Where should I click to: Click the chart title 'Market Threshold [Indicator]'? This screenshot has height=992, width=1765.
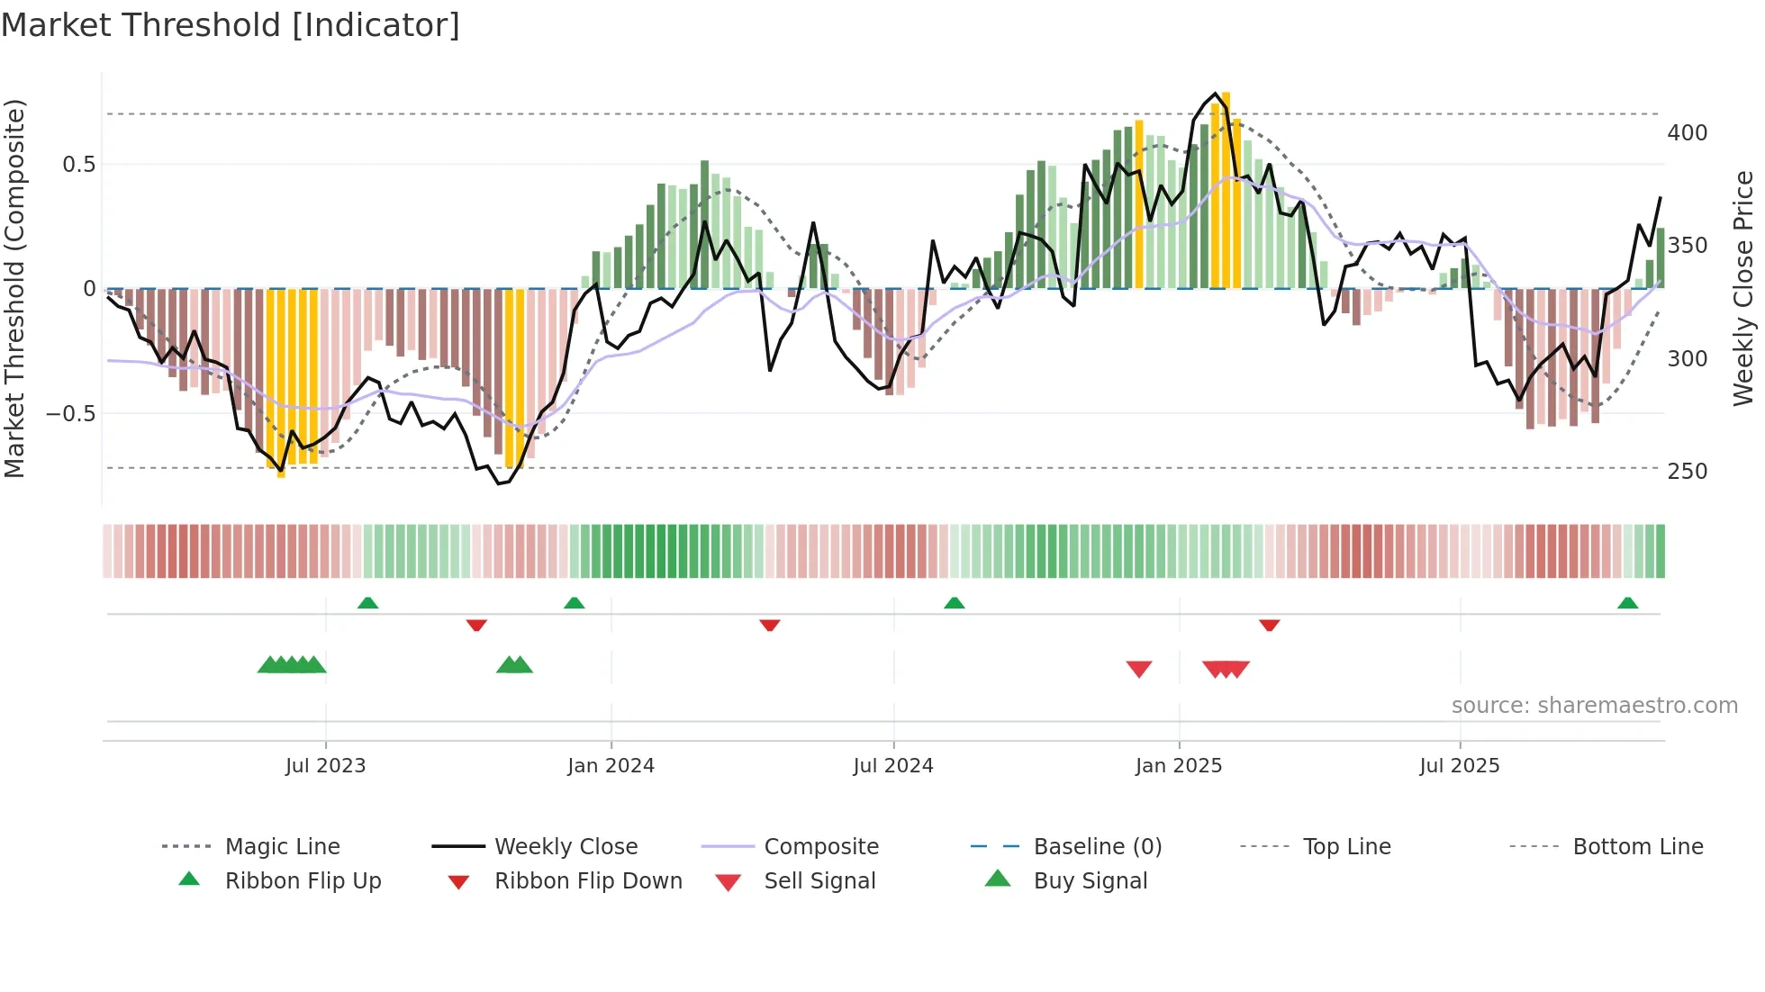point(231,25)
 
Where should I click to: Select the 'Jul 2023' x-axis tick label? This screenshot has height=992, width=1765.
point(325,766)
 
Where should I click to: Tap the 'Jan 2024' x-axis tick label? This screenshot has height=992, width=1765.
point(611,766)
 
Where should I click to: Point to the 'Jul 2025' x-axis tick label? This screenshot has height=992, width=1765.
point(1459,766)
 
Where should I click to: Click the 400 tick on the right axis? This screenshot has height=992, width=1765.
point(1687,133)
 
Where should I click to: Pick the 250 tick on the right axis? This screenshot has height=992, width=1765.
point(1687,472)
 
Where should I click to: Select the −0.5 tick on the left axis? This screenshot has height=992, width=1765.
point(70,414)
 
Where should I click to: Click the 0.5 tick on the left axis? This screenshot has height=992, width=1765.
point(78,165)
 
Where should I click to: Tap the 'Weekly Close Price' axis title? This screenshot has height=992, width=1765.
point(1743,288)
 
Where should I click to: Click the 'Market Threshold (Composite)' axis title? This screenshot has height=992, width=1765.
point(14,288)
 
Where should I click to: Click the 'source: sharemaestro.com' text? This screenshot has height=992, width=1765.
point(1594,706)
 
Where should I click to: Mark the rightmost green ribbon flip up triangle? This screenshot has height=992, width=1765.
point(1627,603)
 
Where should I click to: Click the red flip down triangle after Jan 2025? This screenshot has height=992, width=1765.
point(1269,625)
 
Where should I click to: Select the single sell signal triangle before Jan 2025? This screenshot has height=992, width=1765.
point(1139,669)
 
